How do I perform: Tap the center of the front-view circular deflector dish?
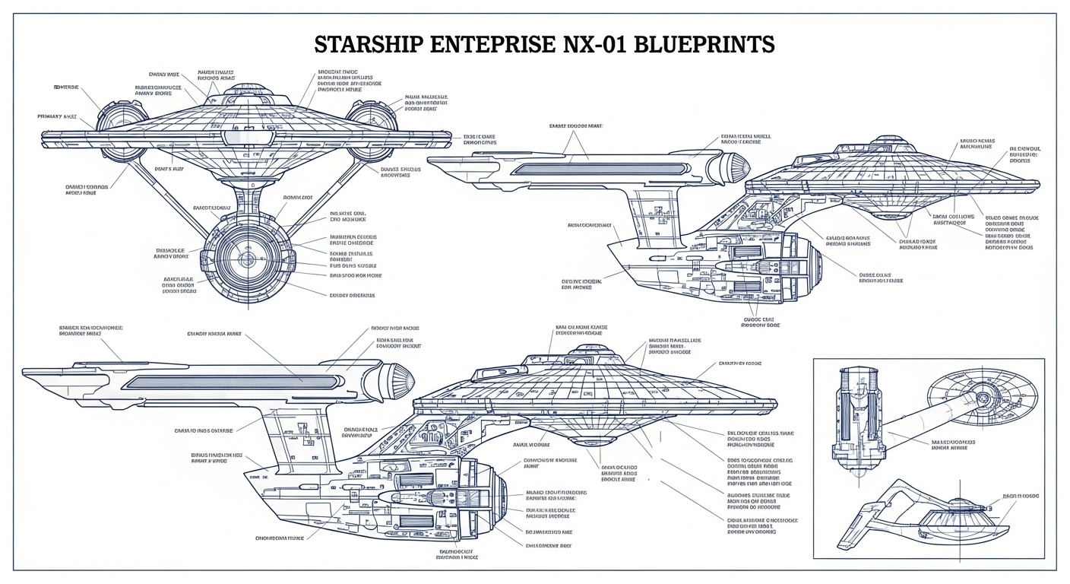pyautogui.click(x=247, y=259)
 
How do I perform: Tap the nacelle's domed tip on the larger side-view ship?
pyautogui.click(x=399, y=377)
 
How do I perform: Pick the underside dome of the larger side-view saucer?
pyautogui.click(x=584, y=443)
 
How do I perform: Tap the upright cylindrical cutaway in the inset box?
pyautogui.click(x=859, y=414)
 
